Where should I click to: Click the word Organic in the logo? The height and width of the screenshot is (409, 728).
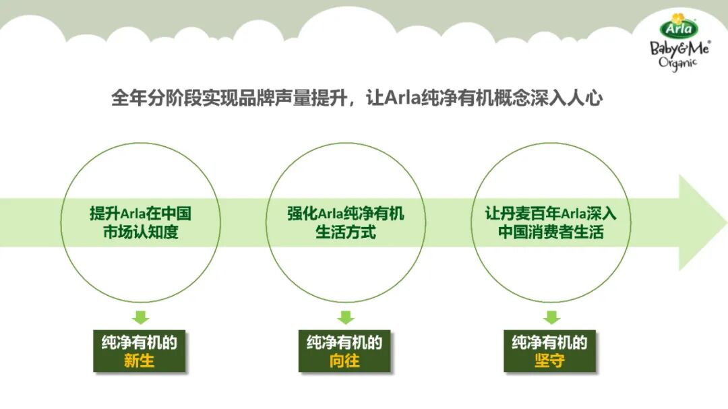677,62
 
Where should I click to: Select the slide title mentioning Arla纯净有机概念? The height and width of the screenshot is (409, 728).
357,98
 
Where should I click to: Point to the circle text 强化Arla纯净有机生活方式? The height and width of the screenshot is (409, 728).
346,223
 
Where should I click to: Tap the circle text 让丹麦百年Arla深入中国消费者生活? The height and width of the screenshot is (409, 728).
551,223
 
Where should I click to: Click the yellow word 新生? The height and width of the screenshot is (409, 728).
140,361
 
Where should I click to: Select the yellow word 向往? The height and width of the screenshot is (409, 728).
344,361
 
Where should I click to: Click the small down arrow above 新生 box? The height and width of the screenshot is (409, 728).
140,317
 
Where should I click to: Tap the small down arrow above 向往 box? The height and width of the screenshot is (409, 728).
346,317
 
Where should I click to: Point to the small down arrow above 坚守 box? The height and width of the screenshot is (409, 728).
551,317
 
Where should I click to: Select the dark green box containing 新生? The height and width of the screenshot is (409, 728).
140,351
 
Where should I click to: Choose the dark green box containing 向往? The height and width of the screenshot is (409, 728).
344,351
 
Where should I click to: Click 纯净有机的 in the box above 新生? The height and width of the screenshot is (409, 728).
140,342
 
